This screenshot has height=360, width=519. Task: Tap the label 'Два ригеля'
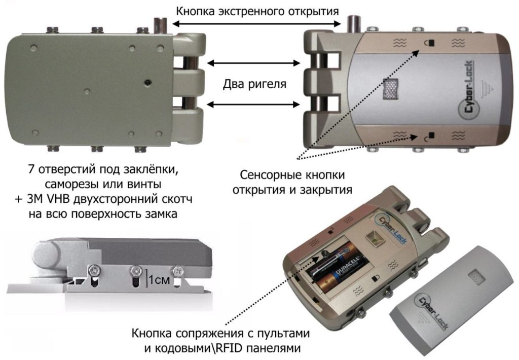pos(255,84)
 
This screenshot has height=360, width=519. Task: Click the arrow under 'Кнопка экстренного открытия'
pos(256,23)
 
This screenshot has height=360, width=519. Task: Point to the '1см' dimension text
pos(158,278)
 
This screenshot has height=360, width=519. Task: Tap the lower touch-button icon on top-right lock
pos(427,136)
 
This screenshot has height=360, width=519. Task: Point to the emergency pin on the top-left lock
pos(161,26)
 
